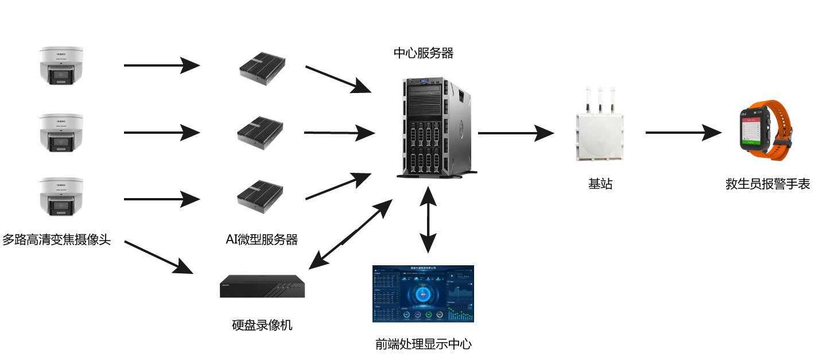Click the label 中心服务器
[424, 53]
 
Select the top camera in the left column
[61, 67]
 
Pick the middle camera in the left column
[61, 133]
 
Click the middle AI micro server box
[261, 133]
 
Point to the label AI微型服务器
[262, 240]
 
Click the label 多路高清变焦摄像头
[56, 239]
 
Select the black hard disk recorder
[262, 285]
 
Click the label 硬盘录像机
[262, 326]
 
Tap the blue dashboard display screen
[423, 293]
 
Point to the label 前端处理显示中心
[424, 344]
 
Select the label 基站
[600, 184]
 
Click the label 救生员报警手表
[767, 184]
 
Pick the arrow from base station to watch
[683, 133]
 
